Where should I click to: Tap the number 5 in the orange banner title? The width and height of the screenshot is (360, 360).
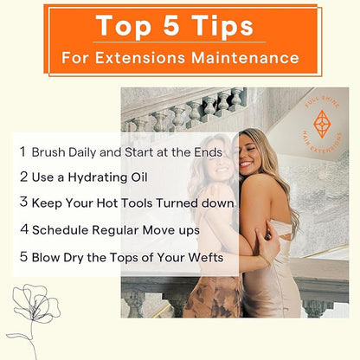[171, 25]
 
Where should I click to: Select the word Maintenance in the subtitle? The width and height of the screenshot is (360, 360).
[245, 57]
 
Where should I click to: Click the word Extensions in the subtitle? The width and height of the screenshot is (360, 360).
[140, 57]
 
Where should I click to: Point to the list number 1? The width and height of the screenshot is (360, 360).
[22, 151]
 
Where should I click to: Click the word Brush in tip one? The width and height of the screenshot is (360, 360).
[48, 152]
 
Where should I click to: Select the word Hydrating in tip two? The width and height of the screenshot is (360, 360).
[98, 177]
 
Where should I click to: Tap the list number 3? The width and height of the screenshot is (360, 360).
[23, 202]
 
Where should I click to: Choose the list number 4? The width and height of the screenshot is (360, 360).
[24, 228]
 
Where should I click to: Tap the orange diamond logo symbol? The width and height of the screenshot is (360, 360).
[322, 124]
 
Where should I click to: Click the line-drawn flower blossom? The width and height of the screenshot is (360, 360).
[35, 303]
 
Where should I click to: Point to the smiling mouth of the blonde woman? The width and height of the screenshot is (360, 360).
[246, 164]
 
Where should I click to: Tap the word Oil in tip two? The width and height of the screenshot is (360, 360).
[139, 177]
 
